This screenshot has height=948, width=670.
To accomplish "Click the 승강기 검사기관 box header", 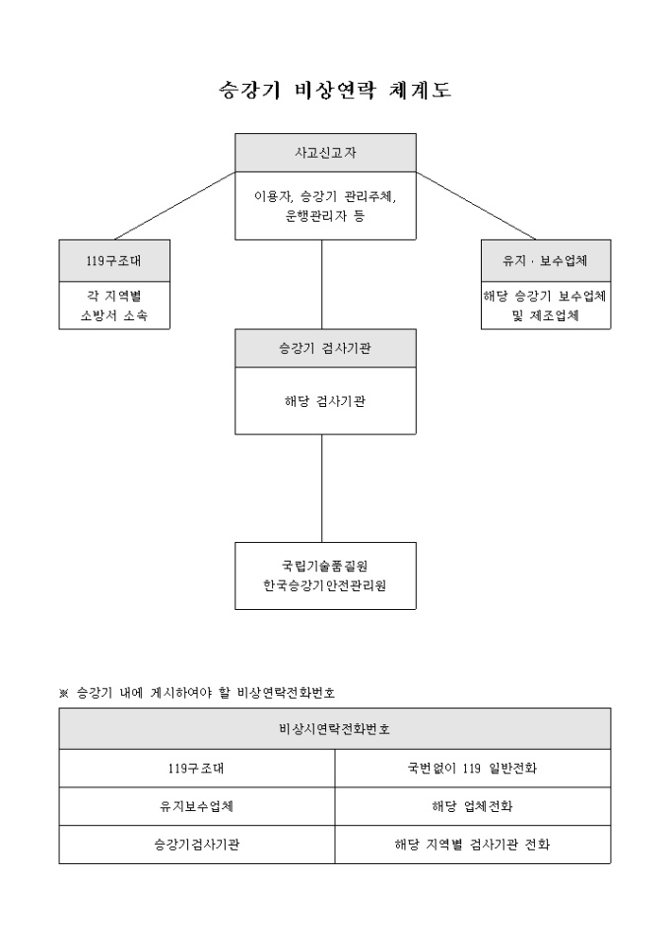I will click(324, 347).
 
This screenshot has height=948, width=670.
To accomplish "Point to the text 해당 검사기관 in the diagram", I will click(324, 401).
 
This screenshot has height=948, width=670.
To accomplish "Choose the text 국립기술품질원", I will click(324, 565).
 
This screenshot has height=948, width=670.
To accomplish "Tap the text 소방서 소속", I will click(114, 315).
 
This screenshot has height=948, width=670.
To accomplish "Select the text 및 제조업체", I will click(544, 315).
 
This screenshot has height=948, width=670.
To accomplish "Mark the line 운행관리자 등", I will click(324, 215).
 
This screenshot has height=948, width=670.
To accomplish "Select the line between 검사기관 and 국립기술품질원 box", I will click(322, 488).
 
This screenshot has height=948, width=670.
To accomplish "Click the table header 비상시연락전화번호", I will click(334, 729).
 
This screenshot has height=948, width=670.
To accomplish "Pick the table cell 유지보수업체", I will click(196, 805).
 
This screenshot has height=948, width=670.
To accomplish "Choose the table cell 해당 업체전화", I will click(472, 805).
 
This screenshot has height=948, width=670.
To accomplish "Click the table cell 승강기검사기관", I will click(196, 845).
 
